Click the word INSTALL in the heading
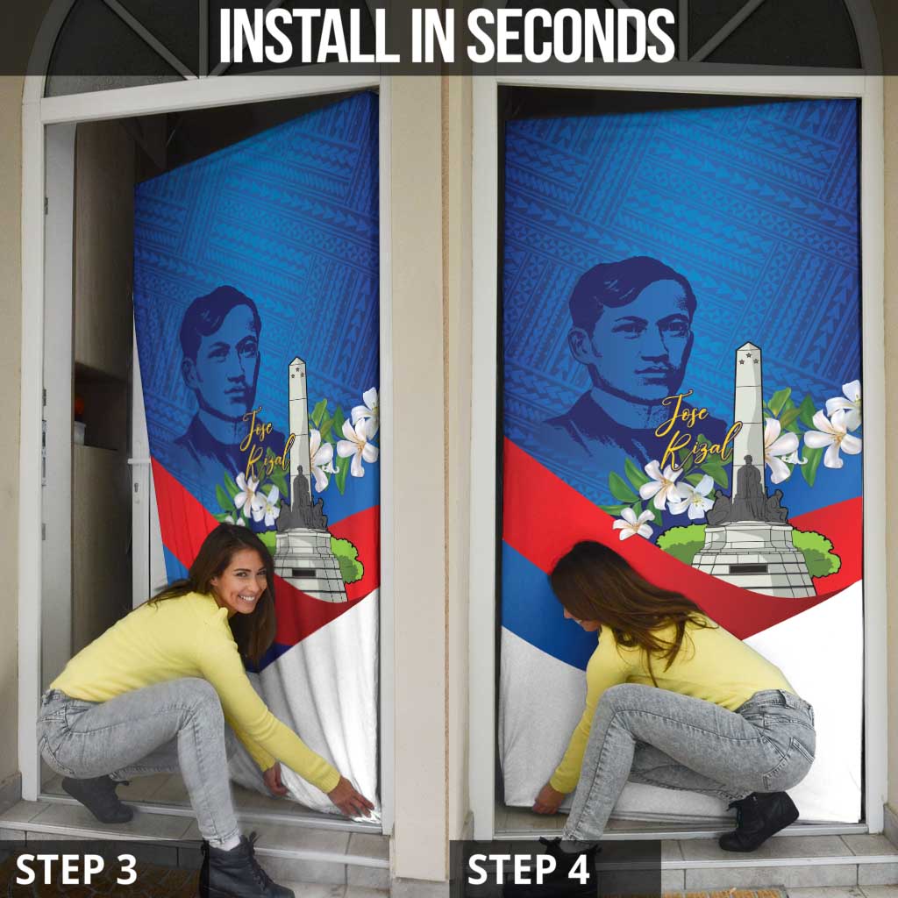click(x=310, y=35)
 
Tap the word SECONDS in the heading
click(x=571, y=35)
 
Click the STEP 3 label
click(x=76, y=869)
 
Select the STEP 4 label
click(x=528, y=869)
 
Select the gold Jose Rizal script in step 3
click(x=267, y=443)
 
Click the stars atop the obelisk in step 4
click(x=748, y=361)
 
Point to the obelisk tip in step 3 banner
click(x=296, y=359)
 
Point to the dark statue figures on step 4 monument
click(x=747, y=493)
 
